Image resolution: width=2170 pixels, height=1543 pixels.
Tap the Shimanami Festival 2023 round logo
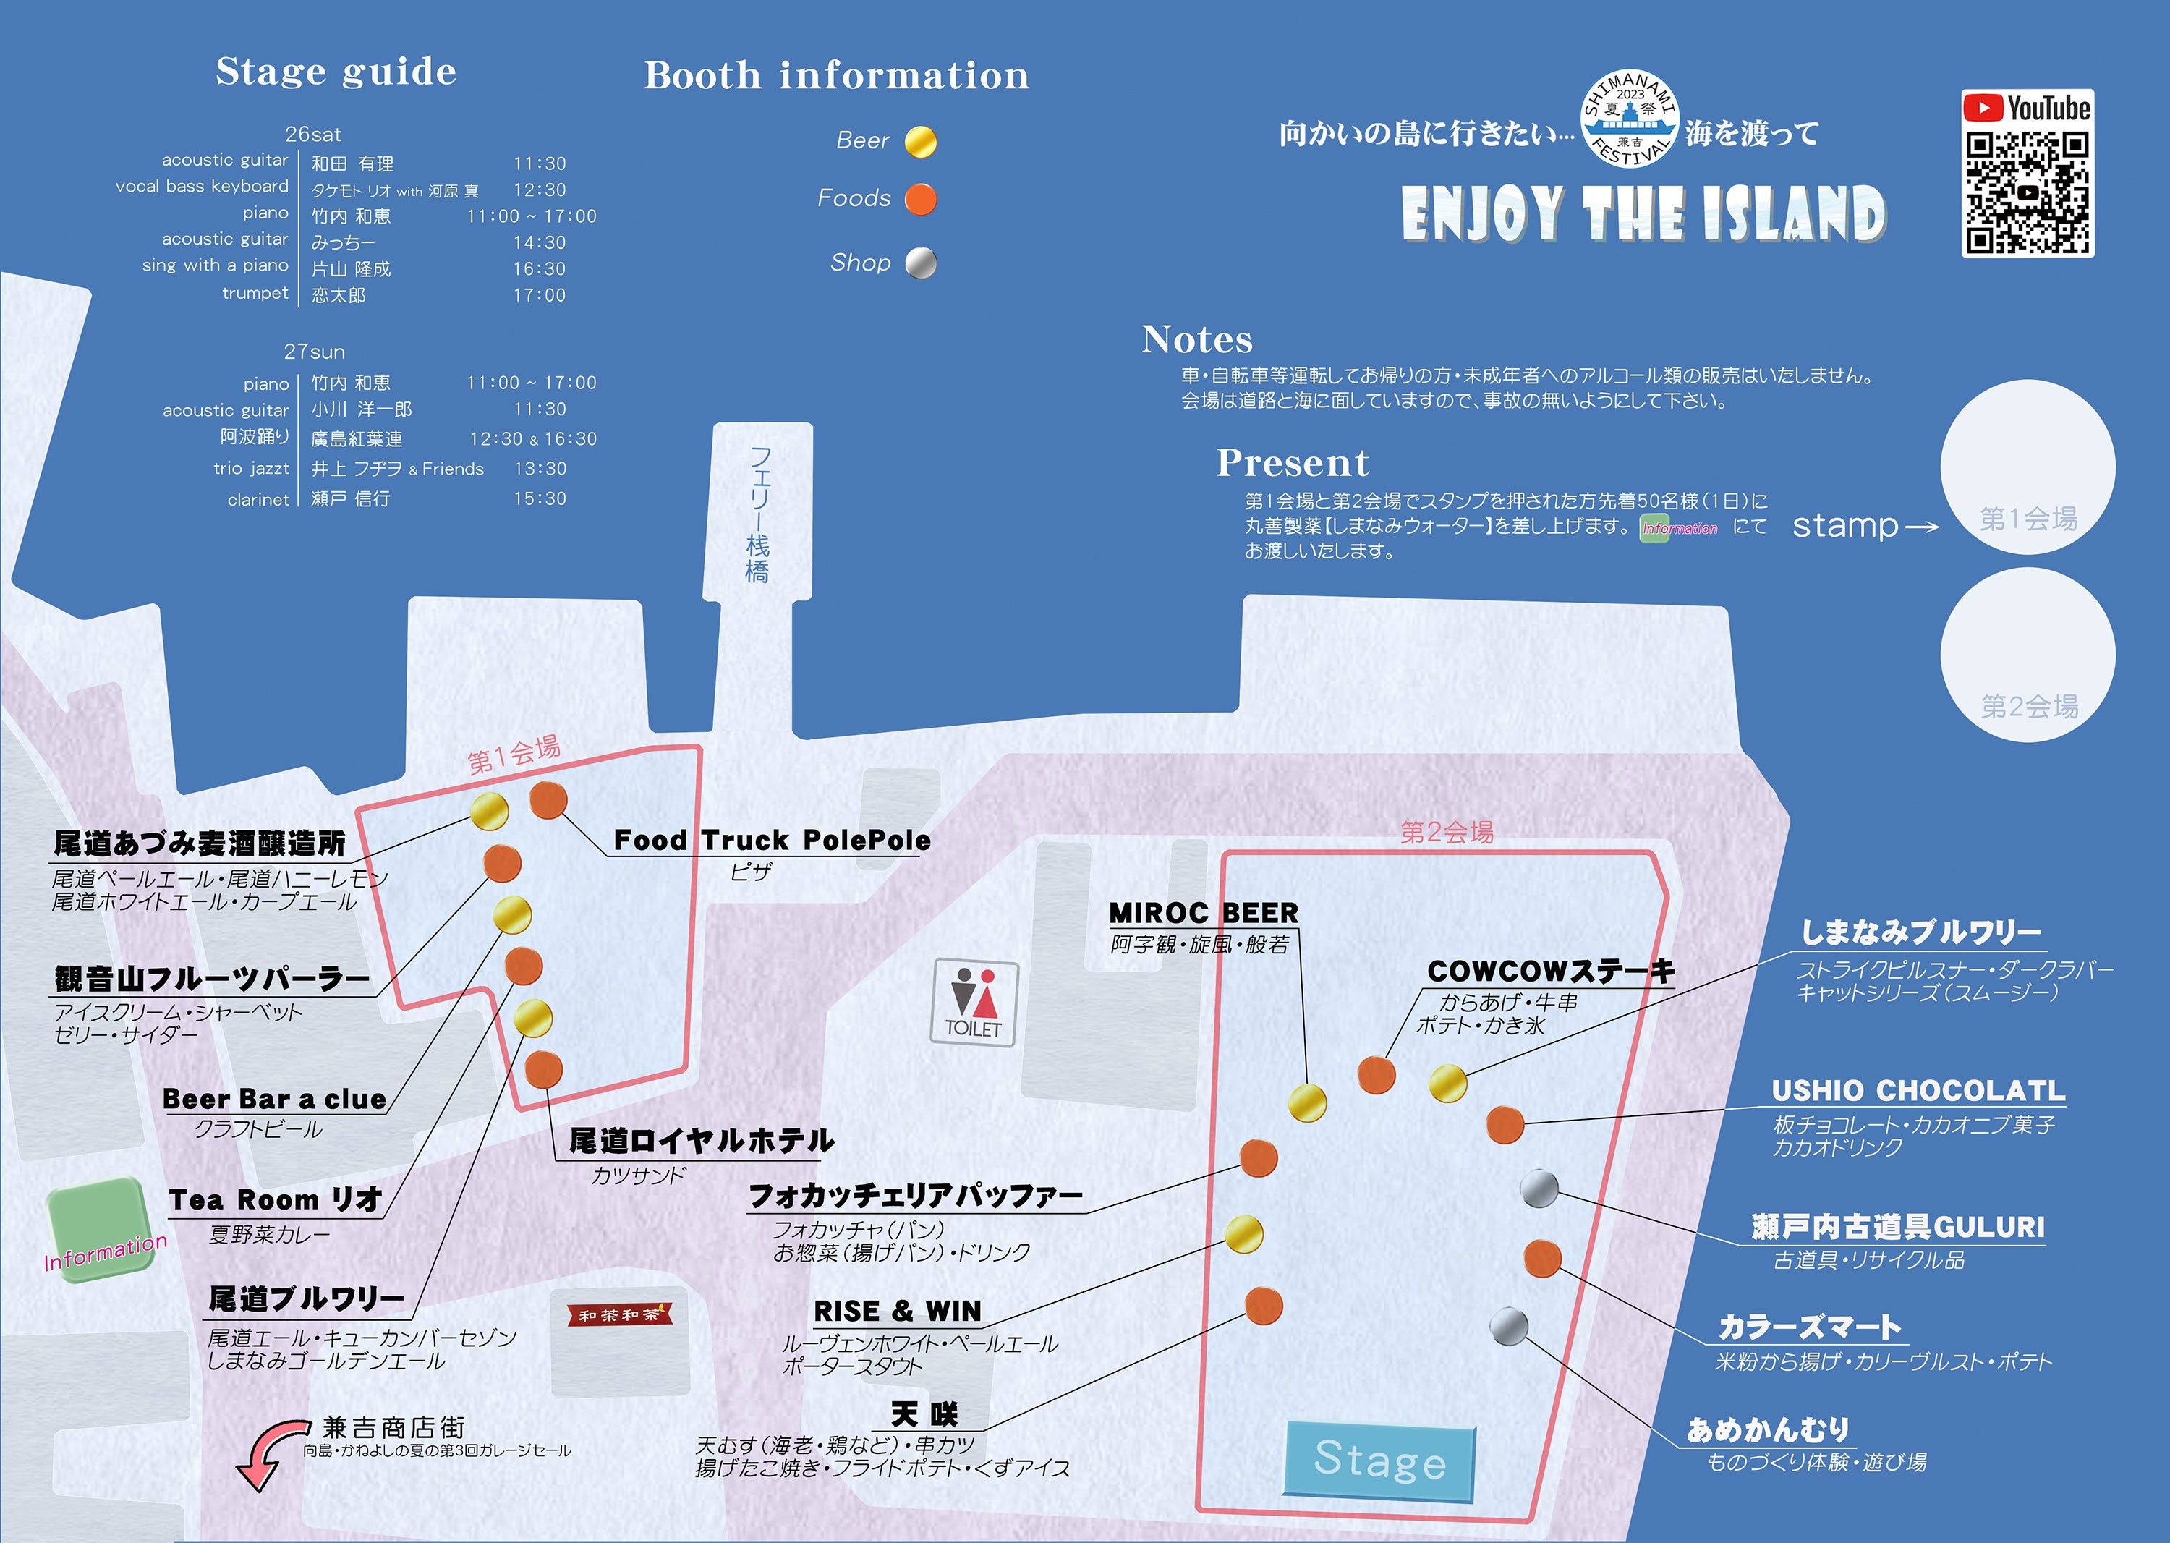coord(1630,119)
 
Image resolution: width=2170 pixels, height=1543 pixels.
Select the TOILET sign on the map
coord(974,1003)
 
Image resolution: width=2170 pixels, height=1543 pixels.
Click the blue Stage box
coord(1379,1461)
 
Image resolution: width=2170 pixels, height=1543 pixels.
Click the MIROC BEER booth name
coord(1203,913)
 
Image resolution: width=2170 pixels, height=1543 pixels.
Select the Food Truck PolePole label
coord(772,840)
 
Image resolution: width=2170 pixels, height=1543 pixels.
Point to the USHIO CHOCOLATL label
coord(1918,1091)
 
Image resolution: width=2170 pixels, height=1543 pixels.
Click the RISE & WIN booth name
coord(897,1312)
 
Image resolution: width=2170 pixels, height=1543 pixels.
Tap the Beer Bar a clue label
coord(275,1100)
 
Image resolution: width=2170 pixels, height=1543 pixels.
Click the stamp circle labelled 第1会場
coord(2028,467)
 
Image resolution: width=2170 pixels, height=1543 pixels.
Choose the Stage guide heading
coord(336,72)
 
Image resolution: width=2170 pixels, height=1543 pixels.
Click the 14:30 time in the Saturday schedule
coord(540,243)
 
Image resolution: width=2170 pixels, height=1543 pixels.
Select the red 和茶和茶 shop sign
coord(619,1315)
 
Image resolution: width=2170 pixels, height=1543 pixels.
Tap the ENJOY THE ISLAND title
coord(1643,214)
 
